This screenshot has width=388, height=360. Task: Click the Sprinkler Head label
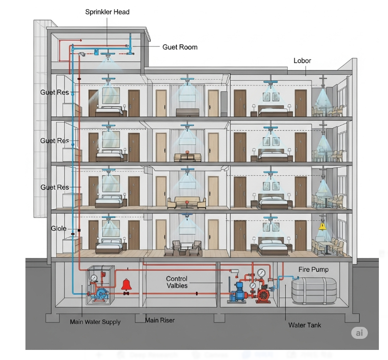coord(107,12)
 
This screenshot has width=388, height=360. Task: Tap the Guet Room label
coord(180,47)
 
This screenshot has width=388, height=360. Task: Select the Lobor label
coord(302,60)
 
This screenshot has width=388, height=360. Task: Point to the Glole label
coord(59,228)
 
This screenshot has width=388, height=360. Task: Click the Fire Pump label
coord(314,269)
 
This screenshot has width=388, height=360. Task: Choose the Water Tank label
coord(304,325)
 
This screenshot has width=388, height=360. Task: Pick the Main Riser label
coord(160,320)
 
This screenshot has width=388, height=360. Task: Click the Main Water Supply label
coord(95,322)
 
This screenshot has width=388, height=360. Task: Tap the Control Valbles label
coord(177,282)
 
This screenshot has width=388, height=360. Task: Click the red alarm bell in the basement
coord(127,285)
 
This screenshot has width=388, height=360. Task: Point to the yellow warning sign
coord(322,226)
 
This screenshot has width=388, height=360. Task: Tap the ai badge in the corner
coord(359,334)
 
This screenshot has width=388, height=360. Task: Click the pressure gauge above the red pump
coord(261,273)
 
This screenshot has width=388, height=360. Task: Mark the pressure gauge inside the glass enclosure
coord(94,277)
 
